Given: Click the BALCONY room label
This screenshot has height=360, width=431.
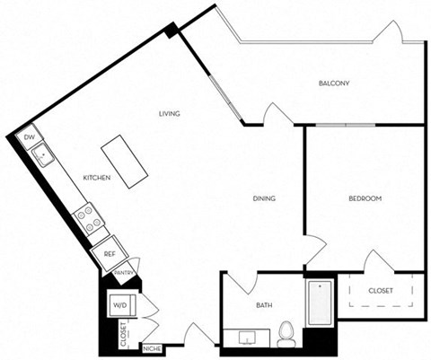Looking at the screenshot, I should (x=333, y=83).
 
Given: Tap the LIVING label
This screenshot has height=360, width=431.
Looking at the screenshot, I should (x=170, y=114).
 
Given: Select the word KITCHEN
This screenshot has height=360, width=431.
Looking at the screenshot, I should (x=97, y=178).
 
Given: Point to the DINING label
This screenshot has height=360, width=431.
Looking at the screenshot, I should (x=263, y=198).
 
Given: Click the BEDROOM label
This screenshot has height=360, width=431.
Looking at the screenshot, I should (x=365, y=198).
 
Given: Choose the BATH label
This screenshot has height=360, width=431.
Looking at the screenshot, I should (x=264, y=306).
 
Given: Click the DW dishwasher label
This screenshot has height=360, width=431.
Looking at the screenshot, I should (x=30, y=136).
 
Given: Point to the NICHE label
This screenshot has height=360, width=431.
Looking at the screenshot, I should (x=152, y=348).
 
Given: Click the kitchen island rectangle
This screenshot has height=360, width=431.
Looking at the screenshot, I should (x=125, y=162).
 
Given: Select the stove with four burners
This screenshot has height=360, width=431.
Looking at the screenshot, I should (x=85, y=216).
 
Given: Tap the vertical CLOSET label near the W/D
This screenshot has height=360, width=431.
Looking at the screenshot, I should (x=123, y=335).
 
